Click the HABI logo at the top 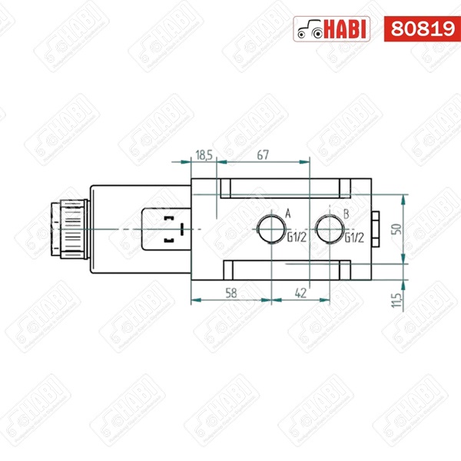333,28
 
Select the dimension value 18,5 204,155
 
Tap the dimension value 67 263,155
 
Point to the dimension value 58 231,293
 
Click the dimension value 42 300,293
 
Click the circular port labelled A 271,229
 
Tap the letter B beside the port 347,213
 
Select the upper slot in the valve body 285,188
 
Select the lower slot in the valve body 285,270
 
